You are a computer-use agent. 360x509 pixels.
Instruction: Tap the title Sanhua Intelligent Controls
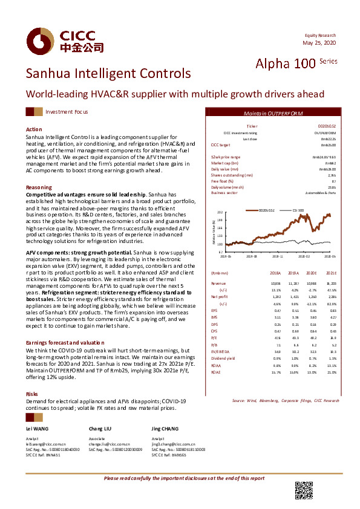pyautogui.click(x=108, y=74)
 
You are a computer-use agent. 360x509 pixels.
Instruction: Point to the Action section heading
pyautogui.click(x=34, y=130)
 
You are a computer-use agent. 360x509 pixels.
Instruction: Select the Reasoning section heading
pyautogui.click(x=39, y=187)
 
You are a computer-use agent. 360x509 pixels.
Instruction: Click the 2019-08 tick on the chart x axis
pyautogui.click(x=251, y=256)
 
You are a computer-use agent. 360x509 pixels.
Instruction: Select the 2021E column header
pyautogui.click(x=331, y=273)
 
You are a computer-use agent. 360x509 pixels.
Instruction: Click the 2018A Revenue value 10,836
pyautogui.click(x=275, y=283)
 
